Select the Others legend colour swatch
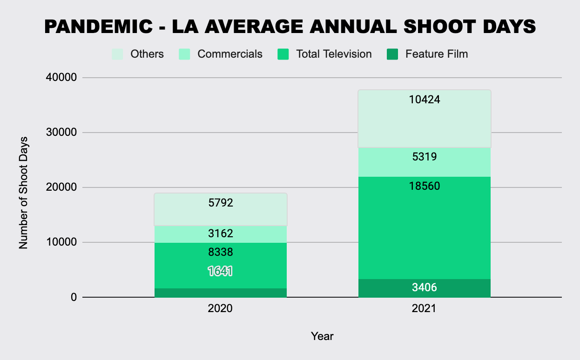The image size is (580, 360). pyautogui.click(x=117, y=54)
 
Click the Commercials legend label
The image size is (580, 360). pyautogui.click(x=229, y=54)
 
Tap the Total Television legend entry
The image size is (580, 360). pyautogui.click(x=334, y=54)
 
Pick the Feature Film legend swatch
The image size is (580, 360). pyautogui.click(x=392, y=54)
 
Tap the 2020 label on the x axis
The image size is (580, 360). pyautogui.click(x=220, y=309)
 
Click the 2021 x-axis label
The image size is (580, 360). pyautogui.click(x=424, y=309)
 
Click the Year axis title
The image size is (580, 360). pyautogui.click(x=322, y=336)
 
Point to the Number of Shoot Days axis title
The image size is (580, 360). pyautogui.click(x=24, y=193)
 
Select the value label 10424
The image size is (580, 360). pyautogui.click(x=424, y=99)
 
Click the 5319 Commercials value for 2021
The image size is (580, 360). pyautogui.click(x=424, y=157)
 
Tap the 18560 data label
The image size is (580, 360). pyautogui.click(x=424, y=186)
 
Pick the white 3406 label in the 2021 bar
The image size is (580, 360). pyautogui.click(x=424, y=287)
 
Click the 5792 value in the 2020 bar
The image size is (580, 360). pyautogui.click(x=220, y=203)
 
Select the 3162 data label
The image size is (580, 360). pyautogui.click(x=220, y=233)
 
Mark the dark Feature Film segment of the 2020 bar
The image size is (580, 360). pyautogui.click(x=220, y=293)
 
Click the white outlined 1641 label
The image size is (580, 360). pyautogui.click(x=220, y=271)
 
